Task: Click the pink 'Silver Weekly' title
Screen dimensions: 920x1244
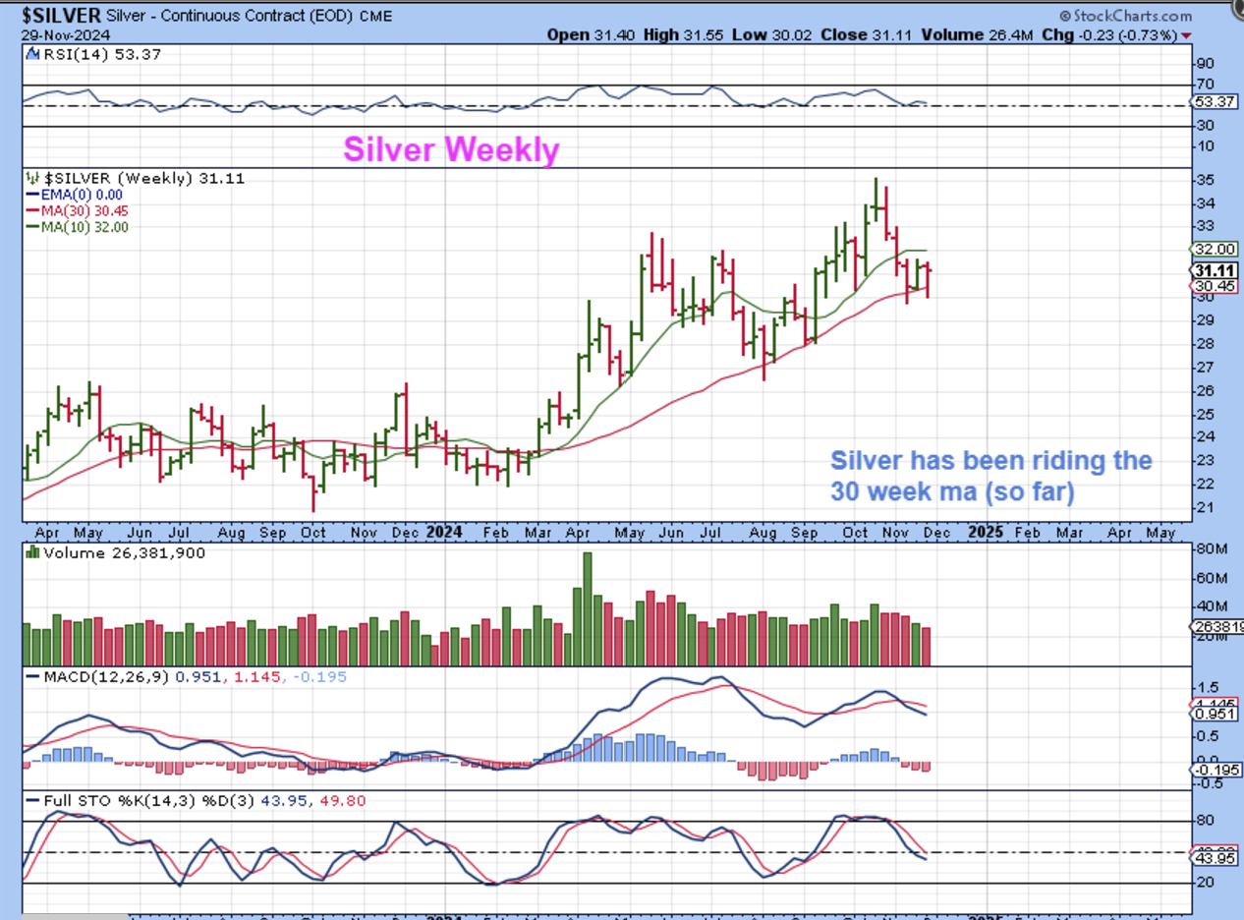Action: (451, 149)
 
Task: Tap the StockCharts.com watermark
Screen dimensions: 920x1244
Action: (1126, 16)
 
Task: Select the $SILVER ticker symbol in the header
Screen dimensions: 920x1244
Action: (60, 16)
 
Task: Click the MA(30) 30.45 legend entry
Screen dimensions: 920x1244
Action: (85, 210)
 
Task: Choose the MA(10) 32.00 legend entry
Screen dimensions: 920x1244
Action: (85, 226)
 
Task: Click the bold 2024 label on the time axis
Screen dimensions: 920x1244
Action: (444, 532)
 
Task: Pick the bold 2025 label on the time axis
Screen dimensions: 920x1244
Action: (986, 532)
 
